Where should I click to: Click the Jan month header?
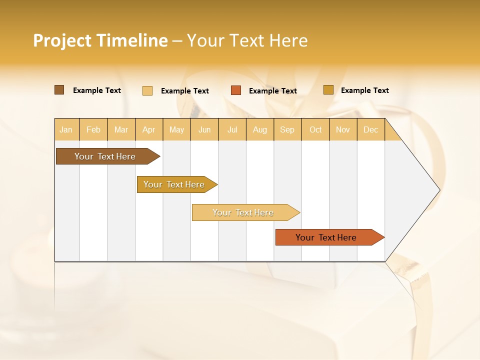click(x=66, y=129)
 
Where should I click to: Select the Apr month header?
click(x=148, y=129)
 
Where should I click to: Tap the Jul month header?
click(x=232, y=129)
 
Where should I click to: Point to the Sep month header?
click(x=287, y=129)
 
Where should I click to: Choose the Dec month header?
click(x=370, y=129)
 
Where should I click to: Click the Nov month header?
click(x=342, y=129)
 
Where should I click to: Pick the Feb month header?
click(x=93, y=129)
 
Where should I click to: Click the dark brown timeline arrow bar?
click(x=105, y=156)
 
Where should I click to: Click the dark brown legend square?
click(x=59, y=90)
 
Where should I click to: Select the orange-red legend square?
click(x=236, y=90)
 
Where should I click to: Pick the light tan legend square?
click(x=147, y=90)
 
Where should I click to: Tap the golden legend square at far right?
click(x=328, y=90)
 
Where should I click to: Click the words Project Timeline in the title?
click(x=100, y=40)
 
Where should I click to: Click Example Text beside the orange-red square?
click(x=273, y=91)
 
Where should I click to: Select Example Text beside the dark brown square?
click(x=97, y=90)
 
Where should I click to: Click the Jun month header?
click(x=204, y=129)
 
